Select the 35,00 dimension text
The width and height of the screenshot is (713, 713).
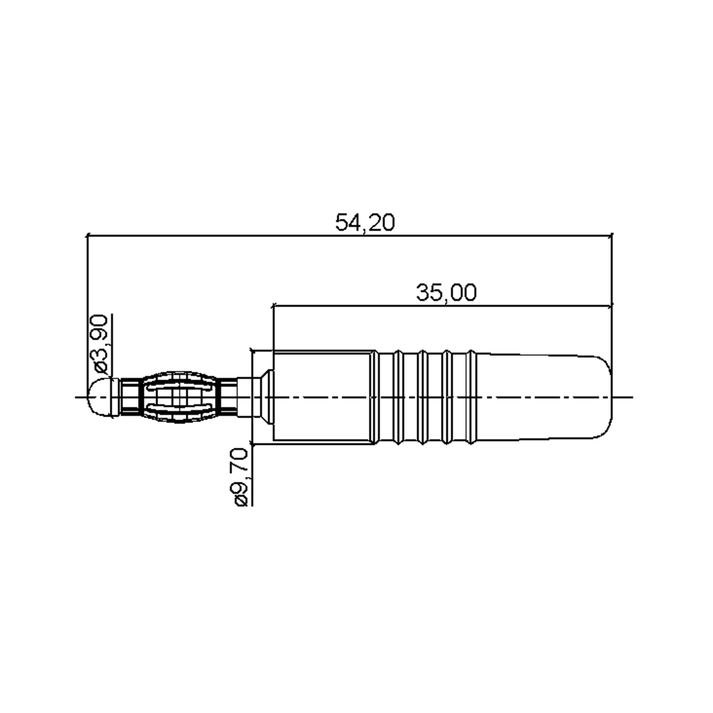(x=446, y=293)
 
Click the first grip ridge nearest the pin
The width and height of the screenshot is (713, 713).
(x=374, y=397)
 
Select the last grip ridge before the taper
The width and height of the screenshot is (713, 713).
(x=471, y=397)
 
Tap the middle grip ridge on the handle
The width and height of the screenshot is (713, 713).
(x=422, y=397)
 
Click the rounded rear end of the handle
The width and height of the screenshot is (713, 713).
(x=605, y=397)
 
